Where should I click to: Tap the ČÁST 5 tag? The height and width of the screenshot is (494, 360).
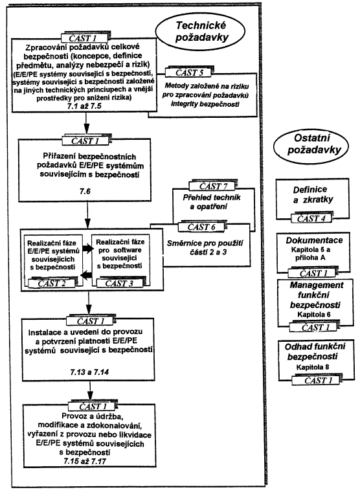click(189, 73)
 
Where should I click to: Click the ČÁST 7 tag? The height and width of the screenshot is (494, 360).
click(213, 186)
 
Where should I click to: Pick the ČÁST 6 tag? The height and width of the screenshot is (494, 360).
click(201, 227)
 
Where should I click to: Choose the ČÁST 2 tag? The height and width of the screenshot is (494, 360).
click(52, 283)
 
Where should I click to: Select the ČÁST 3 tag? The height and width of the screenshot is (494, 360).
click(119, 283)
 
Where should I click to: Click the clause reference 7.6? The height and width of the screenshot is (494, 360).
click(85, 191)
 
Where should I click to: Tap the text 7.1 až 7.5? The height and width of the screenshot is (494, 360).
click(84, 106)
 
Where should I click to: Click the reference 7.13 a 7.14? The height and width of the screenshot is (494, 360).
click(89, 372)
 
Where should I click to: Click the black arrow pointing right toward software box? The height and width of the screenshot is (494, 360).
click(88, 249)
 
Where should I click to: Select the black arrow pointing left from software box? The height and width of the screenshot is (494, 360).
click(86, 275)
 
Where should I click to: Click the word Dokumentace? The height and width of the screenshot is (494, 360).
click(314, 240)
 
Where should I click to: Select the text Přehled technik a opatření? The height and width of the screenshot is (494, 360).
click(212, 202)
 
